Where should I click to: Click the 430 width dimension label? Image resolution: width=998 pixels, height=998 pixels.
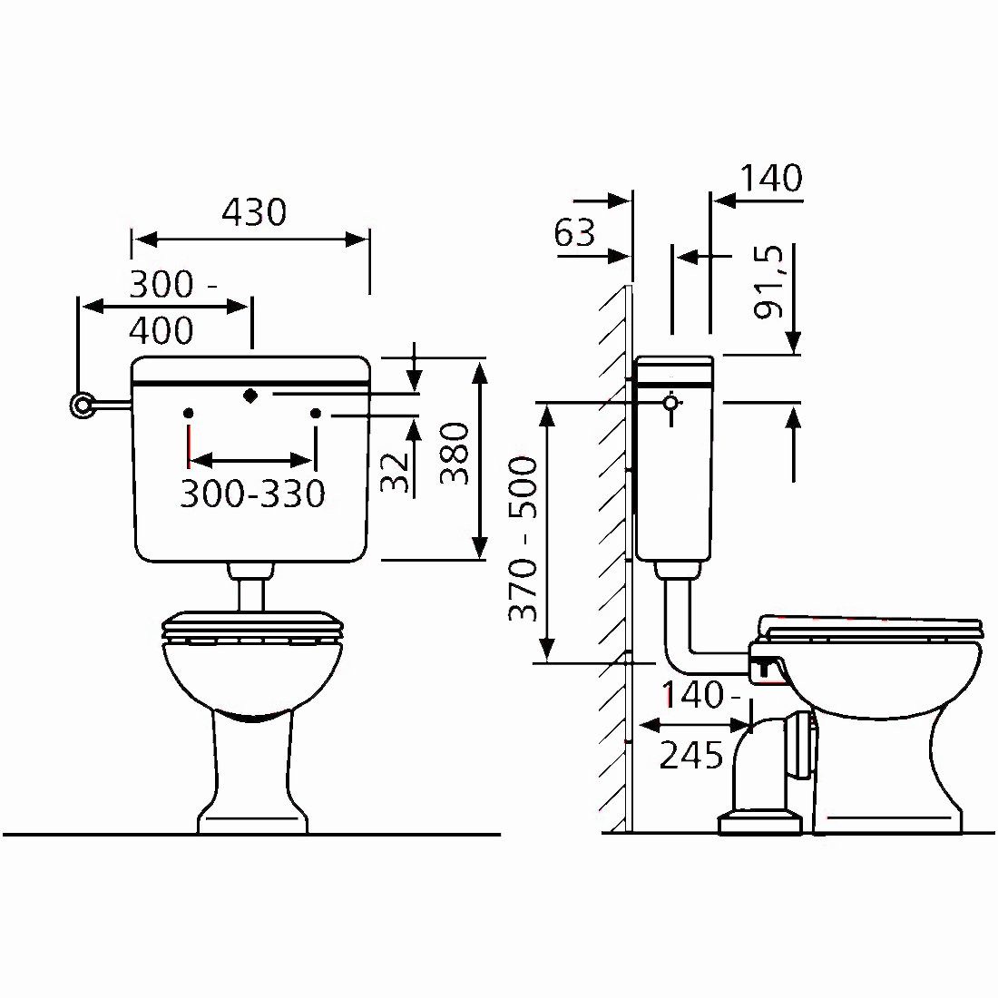(254, 212)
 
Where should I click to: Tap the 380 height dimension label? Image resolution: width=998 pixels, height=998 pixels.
(455, 453)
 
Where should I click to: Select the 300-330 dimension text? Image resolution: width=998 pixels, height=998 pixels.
(253, 494)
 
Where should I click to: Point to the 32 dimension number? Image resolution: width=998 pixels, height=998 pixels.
(395, 472)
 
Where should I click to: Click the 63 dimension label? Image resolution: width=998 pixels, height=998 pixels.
(574, 232)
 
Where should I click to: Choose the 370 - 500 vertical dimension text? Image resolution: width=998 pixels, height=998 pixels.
(523, 539)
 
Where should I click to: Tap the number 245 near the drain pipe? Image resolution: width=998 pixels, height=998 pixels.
(691, 755)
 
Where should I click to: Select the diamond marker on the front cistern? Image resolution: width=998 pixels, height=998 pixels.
(250, 396)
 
